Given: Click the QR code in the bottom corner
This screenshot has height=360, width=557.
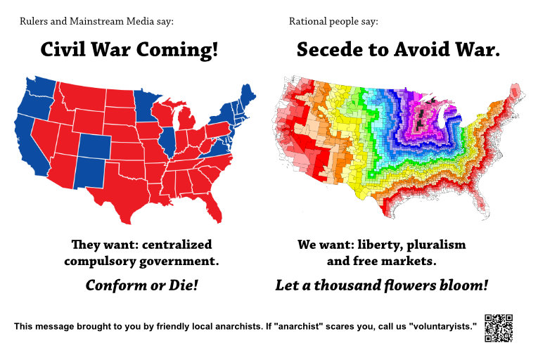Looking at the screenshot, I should coord(498,328).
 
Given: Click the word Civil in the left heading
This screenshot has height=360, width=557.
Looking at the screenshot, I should coord(67,50).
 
